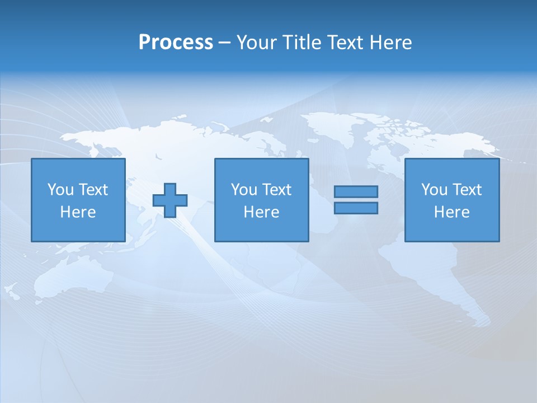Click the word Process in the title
click(176, 43)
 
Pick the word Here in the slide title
click(391, 43)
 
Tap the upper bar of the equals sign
click(356, 192)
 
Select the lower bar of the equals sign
click(356, 208)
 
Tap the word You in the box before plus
click(60, 190)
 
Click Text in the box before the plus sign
click(93, 190)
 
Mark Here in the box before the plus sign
click(78, 212)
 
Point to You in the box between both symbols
click(244, 190)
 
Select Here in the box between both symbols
click(262, 212)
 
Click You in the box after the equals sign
click(434, 190)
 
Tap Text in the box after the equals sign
click(467, 190)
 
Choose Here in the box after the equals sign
click(452, 212)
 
